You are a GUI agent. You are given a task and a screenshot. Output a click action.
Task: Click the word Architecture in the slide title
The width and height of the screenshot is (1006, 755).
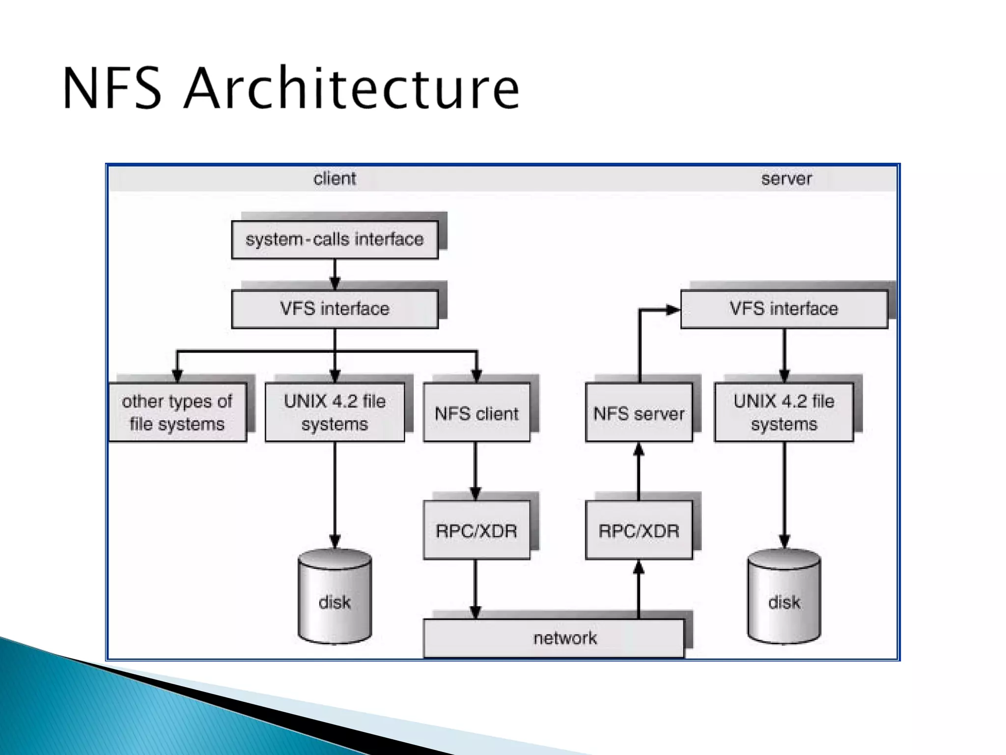pyautogui.click(x=352, y=88)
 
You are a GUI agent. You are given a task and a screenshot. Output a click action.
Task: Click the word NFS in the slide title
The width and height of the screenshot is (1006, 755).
pyautogui.click(x=112, y=88)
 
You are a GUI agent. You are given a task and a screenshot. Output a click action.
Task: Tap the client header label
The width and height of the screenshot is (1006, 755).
pyautogui.click(x=335, y=178)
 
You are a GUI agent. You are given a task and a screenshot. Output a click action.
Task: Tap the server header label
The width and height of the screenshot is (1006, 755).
pyautogui.click(x=786, y=178)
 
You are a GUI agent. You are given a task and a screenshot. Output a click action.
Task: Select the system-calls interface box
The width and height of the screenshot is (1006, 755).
pyautogui.click(x=335, y=239)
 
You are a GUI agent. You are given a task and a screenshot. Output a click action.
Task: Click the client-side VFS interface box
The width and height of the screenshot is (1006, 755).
pyautogui.click(x=335, y=309)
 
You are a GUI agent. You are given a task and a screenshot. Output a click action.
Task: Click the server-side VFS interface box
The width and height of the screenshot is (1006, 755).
pyautogui.click(x=784, y=309)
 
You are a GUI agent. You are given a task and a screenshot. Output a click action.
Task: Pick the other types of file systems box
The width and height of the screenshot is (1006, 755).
pyautogui.click(x=177, y=412)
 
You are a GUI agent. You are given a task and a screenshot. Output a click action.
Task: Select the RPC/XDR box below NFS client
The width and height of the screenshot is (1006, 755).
pyautogui.click(x=476, y=530)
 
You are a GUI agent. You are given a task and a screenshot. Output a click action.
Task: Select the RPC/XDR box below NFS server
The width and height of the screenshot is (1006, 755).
pyautogui.click(x=639, y=530)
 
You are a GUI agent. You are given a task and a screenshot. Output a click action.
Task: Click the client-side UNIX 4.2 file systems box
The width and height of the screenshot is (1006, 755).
pyautogui.click(x=335, y=412)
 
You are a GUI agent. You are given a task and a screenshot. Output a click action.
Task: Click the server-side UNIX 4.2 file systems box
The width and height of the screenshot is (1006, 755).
pyautogui.click(x=784, y=412)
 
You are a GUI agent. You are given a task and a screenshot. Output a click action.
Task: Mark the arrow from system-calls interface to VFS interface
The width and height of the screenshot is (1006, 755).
pyautogui.click(x=335, y=274)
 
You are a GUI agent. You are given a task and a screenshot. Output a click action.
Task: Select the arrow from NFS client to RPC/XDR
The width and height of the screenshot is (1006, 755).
pyautogui.click(x=475, y=471)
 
